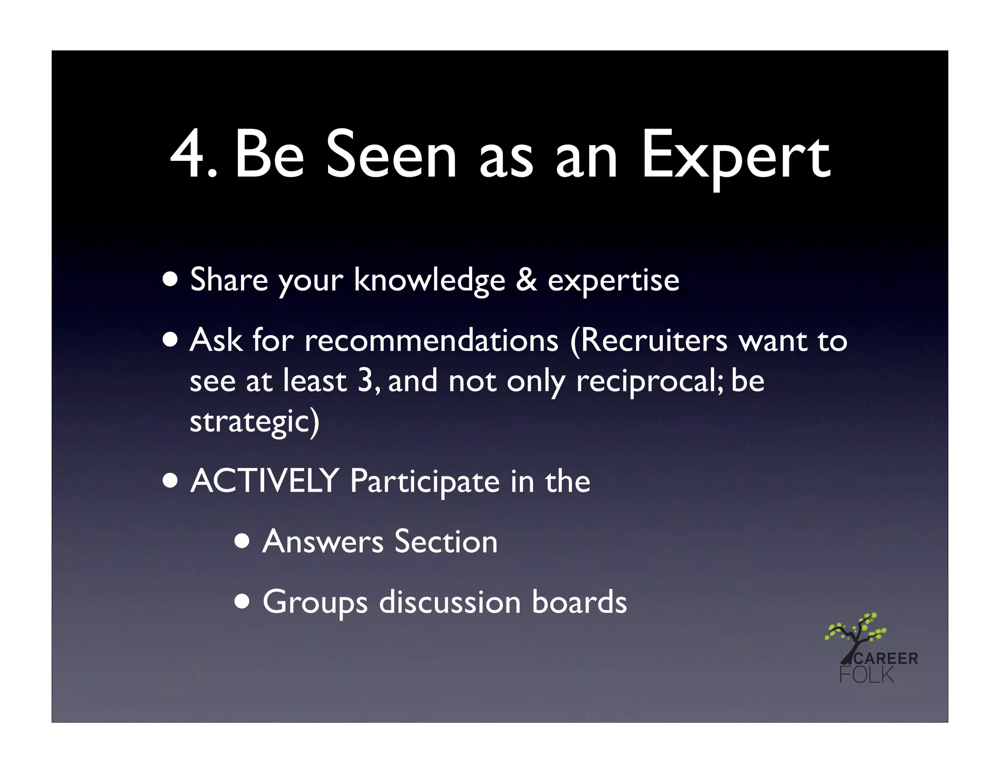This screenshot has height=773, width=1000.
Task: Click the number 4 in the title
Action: pyautogui.click(x=188, y=155)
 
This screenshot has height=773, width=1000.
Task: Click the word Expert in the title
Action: pyautogui.click(x=735, y=157)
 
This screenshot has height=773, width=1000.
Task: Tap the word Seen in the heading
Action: pyautogui.click(x=391, y=155)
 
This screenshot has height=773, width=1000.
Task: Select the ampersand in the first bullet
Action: pyautogui.click(x=526, y=280)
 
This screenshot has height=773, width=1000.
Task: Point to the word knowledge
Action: pyautogui.click(x=429, y=281)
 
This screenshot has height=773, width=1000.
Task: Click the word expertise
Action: pyautogui.click(x=613, y=282)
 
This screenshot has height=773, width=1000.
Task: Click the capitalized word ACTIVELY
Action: pyautogui.click(x=265, y=481)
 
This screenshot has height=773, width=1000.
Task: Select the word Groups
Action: pyautogui.click(x=315, y=602)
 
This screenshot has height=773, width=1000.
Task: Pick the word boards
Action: pyautogui.click(x=579, y=601)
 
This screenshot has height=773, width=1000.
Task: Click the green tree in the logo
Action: pyautogui.click(x=855, y=633)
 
